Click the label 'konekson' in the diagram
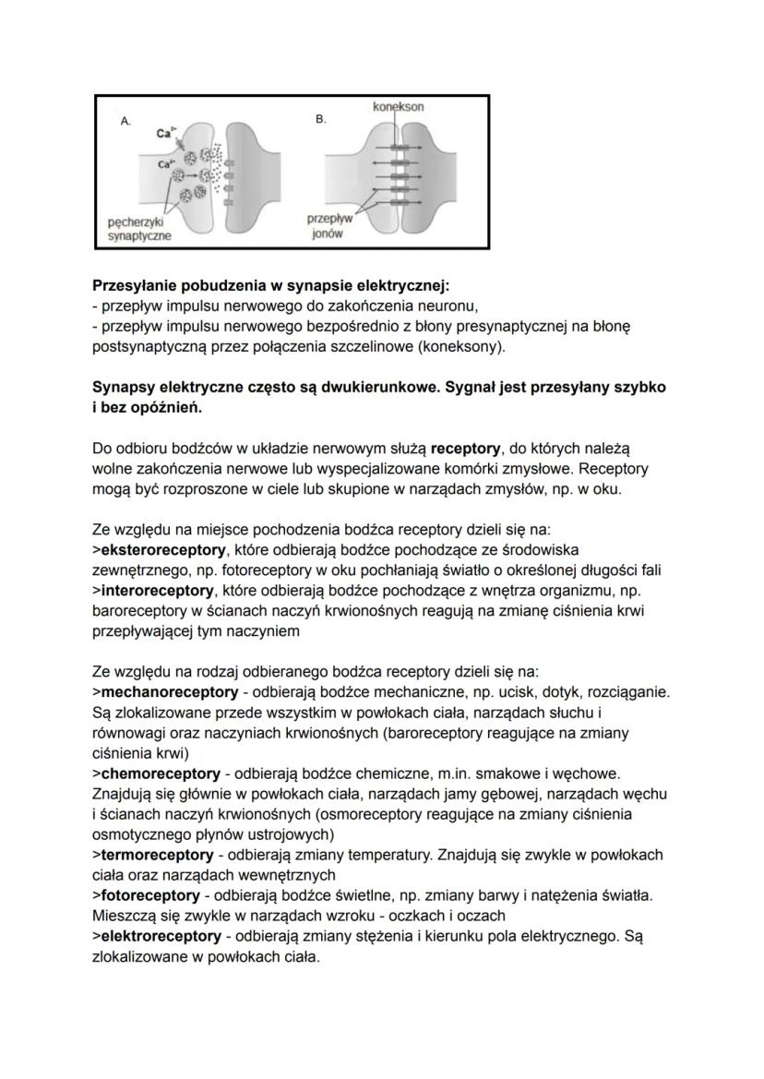tap(399, 107)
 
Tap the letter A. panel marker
tap(126, 121)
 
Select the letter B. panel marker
tap(321, 121)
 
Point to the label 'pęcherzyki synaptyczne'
tap(135, 229)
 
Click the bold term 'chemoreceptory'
tap(160, 773)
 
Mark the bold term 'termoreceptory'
tap(156, 855)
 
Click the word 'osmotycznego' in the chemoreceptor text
tap(139, 833)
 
